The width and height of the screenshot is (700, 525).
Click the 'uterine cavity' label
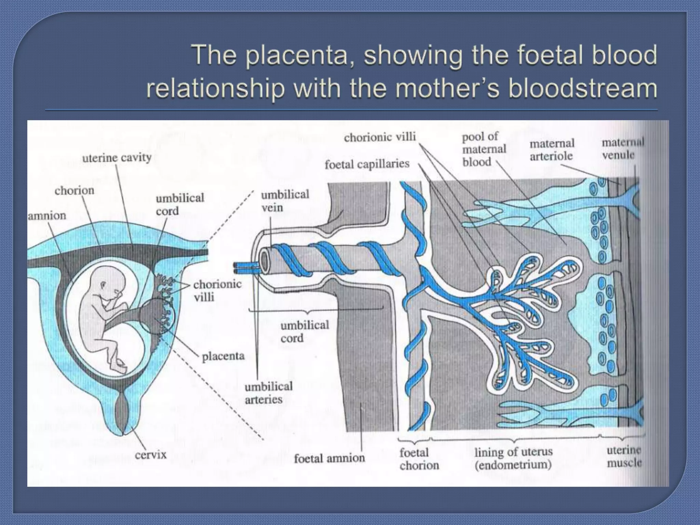(x=117, y=158)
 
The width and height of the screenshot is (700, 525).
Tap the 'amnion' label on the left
(x=47, y=216)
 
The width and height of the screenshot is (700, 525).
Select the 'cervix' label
(x=150, y=455)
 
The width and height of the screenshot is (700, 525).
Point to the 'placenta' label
(x=223, y=356)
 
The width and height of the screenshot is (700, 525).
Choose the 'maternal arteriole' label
(x=552, y=150)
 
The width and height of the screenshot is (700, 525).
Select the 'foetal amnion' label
(x=329, y=458)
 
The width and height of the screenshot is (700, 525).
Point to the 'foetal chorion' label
(x=419, y=459)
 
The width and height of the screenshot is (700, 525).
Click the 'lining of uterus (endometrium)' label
(x=513, y=458)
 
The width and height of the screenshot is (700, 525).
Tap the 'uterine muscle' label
(x=624, y=457)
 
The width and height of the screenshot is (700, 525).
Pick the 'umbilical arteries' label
(x=269, y=393)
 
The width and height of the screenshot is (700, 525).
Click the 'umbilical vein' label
(x=285, y=201)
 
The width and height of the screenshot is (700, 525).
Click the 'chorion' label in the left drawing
(x=74, y=190)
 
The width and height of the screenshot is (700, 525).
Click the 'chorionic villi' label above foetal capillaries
(x=380, y=137)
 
